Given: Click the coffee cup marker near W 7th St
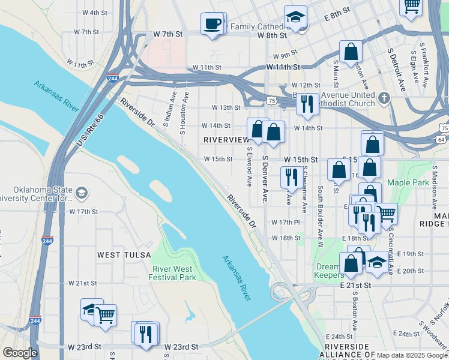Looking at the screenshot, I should [x=212, y=24].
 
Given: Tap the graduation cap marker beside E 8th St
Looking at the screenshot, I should [x=295, y=18].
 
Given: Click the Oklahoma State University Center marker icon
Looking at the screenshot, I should [x=82, y=193].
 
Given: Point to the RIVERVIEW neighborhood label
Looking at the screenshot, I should [x=226, y=139].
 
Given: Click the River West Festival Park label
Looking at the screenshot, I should [x=174, y=273].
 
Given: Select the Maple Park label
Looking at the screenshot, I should [x=408, y=182].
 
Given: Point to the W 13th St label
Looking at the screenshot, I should [x=226, y=108].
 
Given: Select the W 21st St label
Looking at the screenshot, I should [x=82, y=283].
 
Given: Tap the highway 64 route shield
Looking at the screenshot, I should [x=441, y=140].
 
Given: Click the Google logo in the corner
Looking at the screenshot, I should [x=20, y=353].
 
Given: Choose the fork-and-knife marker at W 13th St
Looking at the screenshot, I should [x=307, y=103].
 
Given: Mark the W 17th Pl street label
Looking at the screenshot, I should [x=285, y=223].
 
